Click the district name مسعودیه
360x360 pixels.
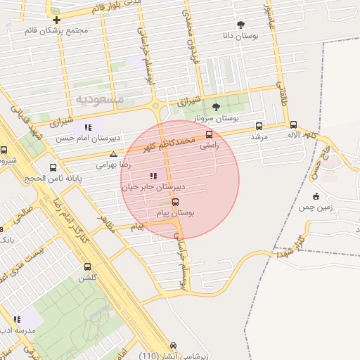tap(100, 99)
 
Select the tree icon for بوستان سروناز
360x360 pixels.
tap(215, 107)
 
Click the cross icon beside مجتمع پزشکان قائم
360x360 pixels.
tap(56, 19)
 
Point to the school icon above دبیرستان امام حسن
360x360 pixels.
tap(88, 127)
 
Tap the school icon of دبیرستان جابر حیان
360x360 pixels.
tap(153, 176)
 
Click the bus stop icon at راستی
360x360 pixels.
tap(209, 134)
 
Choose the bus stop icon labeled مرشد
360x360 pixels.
tap(259, 126)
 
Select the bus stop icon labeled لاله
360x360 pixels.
tap(293, 124)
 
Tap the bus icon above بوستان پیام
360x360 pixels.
tap(175, 202)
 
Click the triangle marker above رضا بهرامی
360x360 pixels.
tap(113, 153)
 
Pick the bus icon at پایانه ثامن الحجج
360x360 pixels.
tap(53, 167)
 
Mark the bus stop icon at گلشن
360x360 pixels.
tap(87, 266)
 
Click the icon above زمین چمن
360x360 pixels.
tap(316, 195)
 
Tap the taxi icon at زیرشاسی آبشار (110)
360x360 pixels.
tap(174, 345)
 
